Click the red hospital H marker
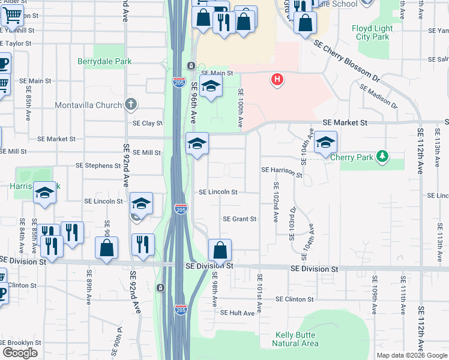(277, 79)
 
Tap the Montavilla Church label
(88, 106)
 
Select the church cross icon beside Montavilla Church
(131, 105)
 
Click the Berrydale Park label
(104, 61)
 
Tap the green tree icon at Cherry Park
(382, 157)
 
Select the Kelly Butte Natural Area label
(295, 339)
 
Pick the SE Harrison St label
(282, 172)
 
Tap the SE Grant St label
(240, 219)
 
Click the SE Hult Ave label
(238, 313)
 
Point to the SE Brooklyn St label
(21, 343)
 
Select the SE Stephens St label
(98, 165)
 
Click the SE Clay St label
(148, 123)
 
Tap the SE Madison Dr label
(378, 96)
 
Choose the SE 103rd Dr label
(292, 223)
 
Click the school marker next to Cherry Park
(326, 142)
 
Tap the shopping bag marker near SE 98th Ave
(220, 249)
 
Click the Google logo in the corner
(20, 353)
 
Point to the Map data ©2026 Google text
(412, 355)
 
